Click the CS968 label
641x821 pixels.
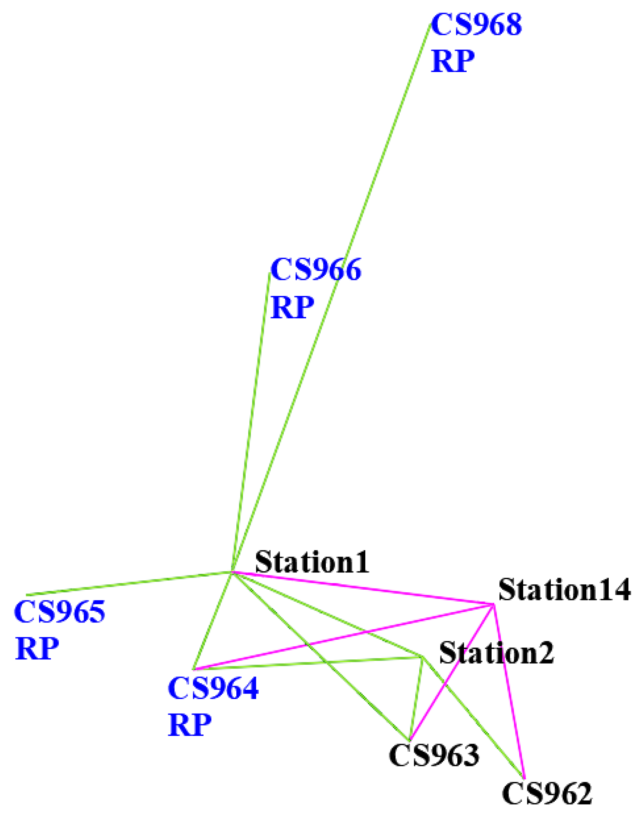[476, 25]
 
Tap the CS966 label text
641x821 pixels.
[316, 269]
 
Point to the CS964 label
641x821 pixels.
[213, 688]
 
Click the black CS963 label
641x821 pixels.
[434, 754]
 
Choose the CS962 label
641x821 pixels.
[547, 793]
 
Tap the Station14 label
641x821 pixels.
[564, 590]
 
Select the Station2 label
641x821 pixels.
[496, 653]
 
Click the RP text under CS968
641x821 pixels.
[452, 61]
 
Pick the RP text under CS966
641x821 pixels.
[292, 307]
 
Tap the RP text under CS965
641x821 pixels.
[37, 648]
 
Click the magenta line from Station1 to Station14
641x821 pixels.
[362, 588]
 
